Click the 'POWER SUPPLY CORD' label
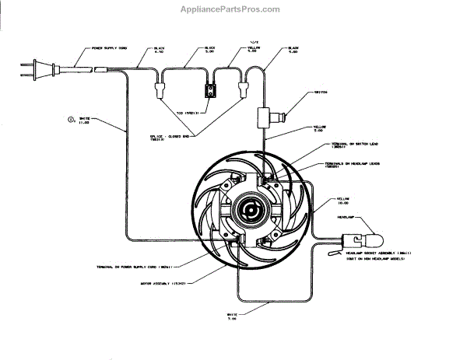pos(109,48)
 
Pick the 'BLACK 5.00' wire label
pos(209,51)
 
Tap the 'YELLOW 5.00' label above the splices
pos(255,51)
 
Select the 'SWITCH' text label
pos(321,91)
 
